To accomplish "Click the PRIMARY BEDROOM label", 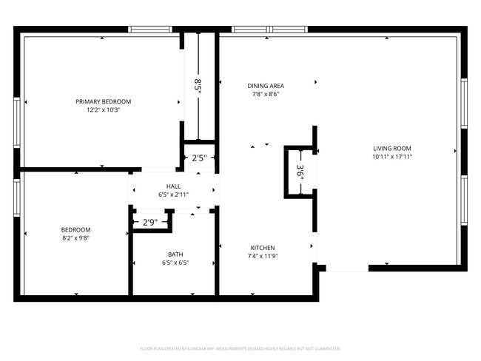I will (103, 101).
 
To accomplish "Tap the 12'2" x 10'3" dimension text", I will (103, 109).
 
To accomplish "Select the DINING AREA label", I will (266, 86).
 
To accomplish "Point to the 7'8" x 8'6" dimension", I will (266, 94).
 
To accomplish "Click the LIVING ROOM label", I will (391, 149).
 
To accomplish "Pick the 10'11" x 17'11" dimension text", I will (391, 157).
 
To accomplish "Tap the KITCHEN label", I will (263, 248).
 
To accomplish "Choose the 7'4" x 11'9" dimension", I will (263, 256).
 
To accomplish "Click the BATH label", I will (175, 254).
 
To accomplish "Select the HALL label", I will (173, 186).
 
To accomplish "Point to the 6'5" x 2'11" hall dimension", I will (173, 195).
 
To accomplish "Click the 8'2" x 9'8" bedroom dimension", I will (75, 237).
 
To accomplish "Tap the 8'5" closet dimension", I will (198, 85).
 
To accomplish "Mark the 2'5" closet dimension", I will (199, 158).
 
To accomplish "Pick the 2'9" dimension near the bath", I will (149, 222).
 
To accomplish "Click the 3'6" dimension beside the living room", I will (300, 172).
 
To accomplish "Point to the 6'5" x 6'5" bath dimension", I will (175, 263).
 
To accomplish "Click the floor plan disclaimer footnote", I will (240, 348).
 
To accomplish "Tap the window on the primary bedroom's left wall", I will (17, 118).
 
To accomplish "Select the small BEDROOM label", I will (75, 229).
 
